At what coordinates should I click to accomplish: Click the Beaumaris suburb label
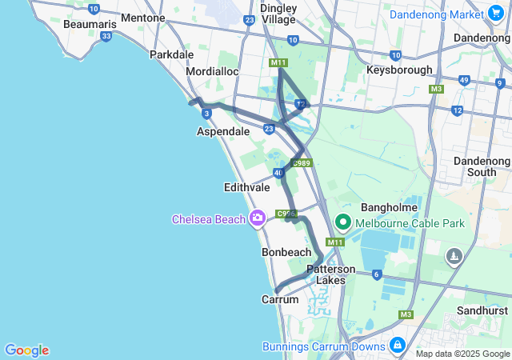(x=90, y=25)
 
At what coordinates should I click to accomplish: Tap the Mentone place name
(x=143, y=18)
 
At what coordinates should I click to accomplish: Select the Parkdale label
(x=172, y=54)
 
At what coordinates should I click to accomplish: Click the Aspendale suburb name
(x=223, y=130)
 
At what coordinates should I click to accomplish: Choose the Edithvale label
(x=246, y=187)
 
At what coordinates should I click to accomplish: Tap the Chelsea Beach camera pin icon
(x=258, y=218)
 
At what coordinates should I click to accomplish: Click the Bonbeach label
(x=286, y=252)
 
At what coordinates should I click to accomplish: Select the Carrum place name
(x=280, y=299)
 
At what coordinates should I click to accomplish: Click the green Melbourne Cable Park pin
(x=343, y=222)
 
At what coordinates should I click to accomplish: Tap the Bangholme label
(x=390, y=207)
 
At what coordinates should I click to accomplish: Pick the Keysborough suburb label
(x=399, y=70)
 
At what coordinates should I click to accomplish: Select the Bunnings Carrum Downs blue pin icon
(x=397, y=346)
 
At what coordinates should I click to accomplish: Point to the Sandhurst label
(x=482, y=310)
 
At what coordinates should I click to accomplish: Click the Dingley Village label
(x=278, y=14)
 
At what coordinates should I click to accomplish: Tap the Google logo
(x=26, y=350)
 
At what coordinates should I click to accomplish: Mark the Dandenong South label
(x=482, y=166)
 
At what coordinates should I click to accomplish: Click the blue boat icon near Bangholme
(x=454, y=256)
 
